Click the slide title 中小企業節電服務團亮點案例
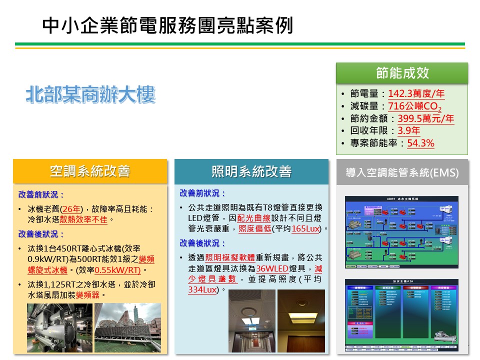(x=167, y=25)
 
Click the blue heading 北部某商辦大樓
(x=90, y=95)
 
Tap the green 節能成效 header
(x=402, y=73)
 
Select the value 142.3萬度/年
(x=416, y=93)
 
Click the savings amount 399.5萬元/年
(x=425, y=119)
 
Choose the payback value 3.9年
(x=408, y=131)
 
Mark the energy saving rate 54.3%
(x=420, y=143)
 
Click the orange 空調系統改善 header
(x=90, y=171)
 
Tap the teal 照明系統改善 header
(x=251, y=171)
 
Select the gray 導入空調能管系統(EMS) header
(x=402, y=173)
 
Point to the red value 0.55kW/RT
(x=117, y=270)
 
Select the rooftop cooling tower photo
(x=127, y=328)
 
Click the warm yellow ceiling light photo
(x=301, y=321)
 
